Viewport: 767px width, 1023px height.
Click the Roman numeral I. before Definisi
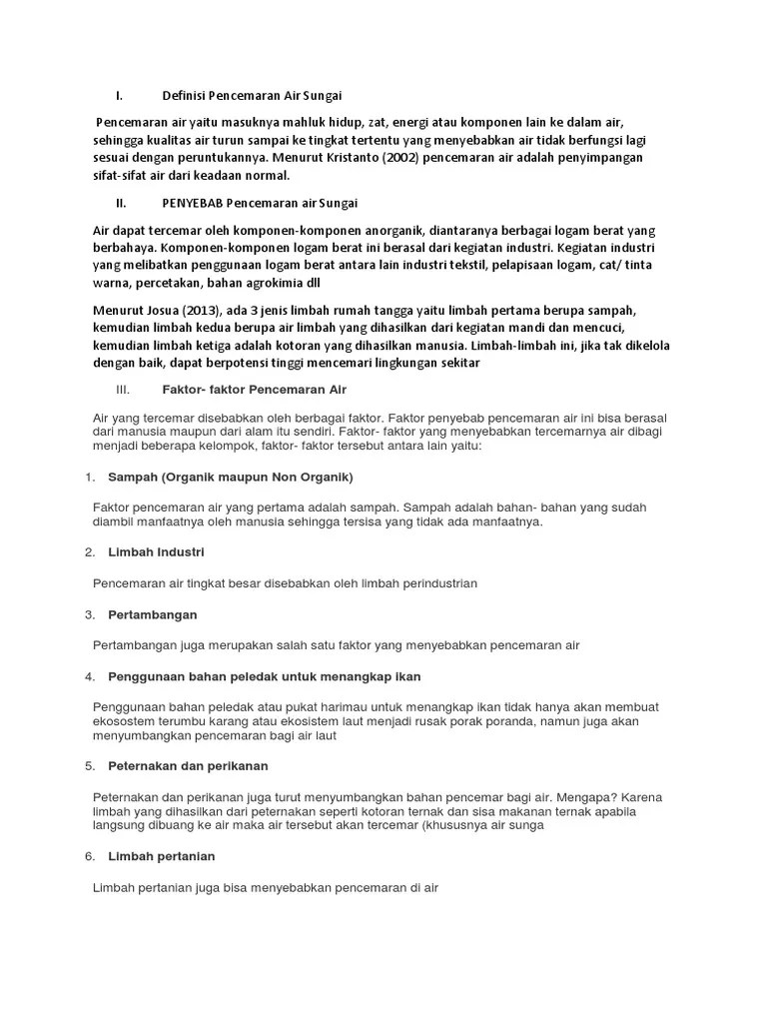coord(119,96)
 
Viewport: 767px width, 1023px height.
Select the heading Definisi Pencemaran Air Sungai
coord(252,96)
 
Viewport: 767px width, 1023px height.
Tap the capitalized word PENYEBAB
coord(193,203)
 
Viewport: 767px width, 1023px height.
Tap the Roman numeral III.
coord(124,388)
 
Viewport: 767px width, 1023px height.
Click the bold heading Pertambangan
coord(152,614)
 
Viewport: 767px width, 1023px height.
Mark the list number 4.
coord(90,676)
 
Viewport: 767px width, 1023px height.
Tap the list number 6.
coord(90,856)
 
